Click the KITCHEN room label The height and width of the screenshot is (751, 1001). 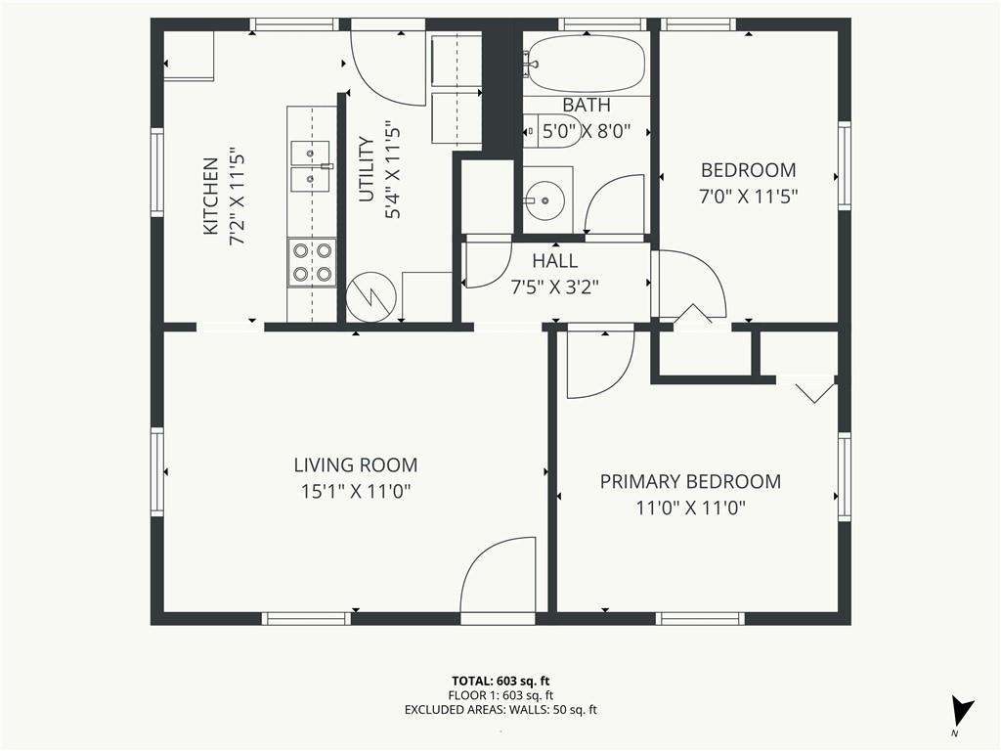[211, 196]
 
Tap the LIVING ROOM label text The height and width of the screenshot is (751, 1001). [356, 464]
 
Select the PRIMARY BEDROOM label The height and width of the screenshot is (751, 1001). [690, 481]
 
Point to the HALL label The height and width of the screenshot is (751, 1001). [555, 260]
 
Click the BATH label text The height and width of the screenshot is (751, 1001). [587, 105]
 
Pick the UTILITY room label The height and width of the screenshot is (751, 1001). [367, 169]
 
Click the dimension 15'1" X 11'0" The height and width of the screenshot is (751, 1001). [356, 492]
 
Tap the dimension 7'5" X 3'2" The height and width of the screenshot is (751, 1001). [555, 287]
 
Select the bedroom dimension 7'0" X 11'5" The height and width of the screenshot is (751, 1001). [748, 197]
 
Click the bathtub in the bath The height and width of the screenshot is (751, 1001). [584, 64]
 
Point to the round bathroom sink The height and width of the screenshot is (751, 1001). [544, 200]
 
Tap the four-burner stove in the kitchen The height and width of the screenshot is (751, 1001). [312, 262]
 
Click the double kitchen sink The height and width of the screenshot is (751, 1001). [311, 166]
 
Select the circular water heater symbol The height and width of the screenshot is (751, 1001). [370, 297]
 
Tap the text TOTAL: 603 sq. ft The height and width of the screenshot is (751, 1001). [500, 682]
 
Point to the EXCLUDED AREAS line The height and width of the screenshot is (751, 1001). [500, 710]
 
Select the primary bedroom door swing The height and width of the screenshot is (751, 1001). [600, 362]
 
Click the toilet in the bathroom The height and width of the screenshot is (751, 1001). [553, 132]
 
